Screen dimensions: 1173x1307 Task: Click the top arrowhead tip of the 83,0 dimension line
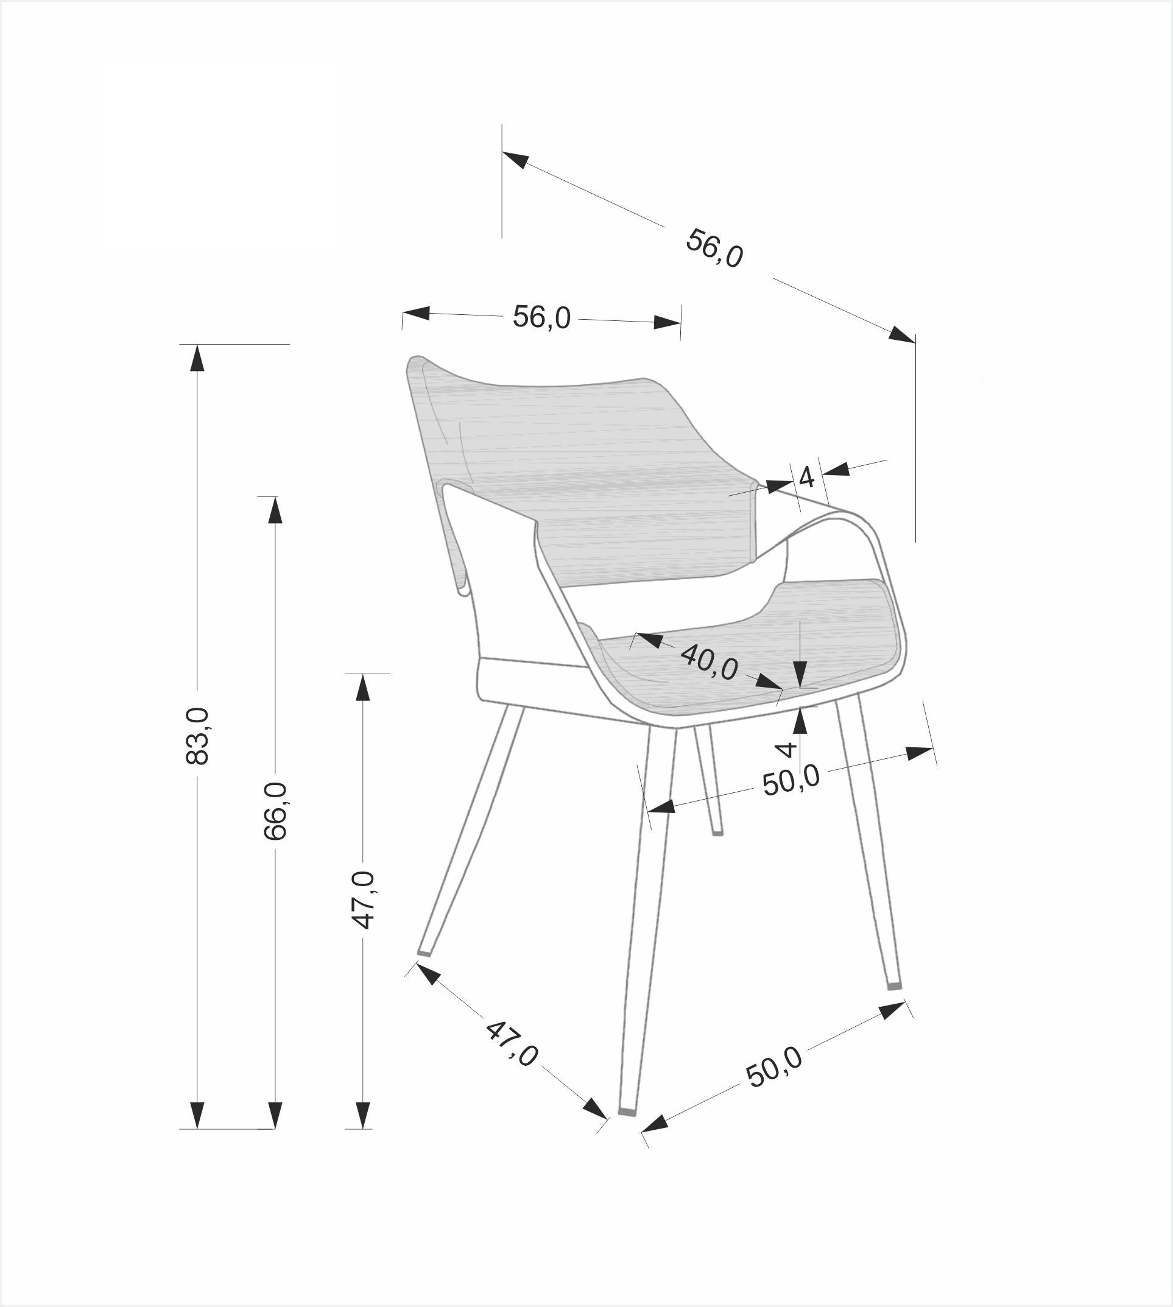[x=197, y=345]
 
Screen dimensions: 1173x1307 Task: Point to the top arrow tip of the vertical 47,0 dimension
[x=363, y=674]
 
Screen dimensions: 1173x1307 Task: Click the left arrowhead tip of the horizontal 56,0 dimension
[x=403, y=312]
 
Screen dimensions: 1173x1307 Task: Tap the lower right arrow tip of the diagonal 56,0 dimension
[x=915, y=342]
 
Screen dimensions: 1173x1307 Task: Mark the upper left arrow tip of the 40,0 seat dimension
[x=636, y=633]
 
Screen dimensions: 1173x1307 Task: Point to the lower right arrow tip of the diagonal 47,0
[x=607, y=1119]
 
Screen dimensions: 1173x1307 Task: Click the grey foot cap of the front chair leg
[x=627, y=1111]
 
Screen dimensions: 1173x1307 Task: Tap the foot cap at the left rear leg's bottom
[x=424, y=952]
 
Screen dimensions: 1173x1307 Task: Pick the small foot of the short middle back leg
[x=718, y=833]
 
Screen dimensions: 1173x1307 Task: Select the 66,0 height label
[x=275, y=811]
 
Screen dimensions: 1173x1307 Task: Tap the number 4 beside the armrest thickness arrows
[x=806, y=478]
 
